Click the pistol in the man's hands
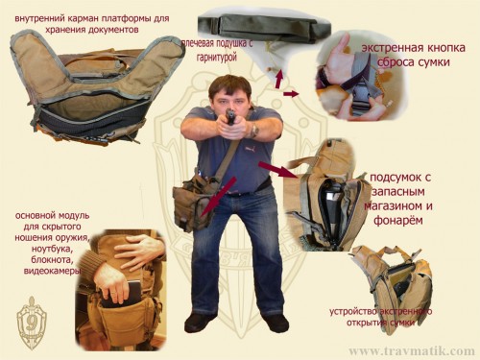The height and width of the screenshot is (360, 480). click(229, 118)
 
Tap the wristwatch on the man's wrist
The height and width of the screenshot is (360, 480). click(253, 128)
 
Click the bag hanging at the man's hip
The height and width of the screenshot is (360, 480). click(194, 202)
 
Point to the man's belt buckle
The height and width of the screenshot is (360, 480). click(236, 191)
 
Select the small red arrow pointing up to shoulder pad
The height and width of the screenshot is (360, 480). click(280, 78)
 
